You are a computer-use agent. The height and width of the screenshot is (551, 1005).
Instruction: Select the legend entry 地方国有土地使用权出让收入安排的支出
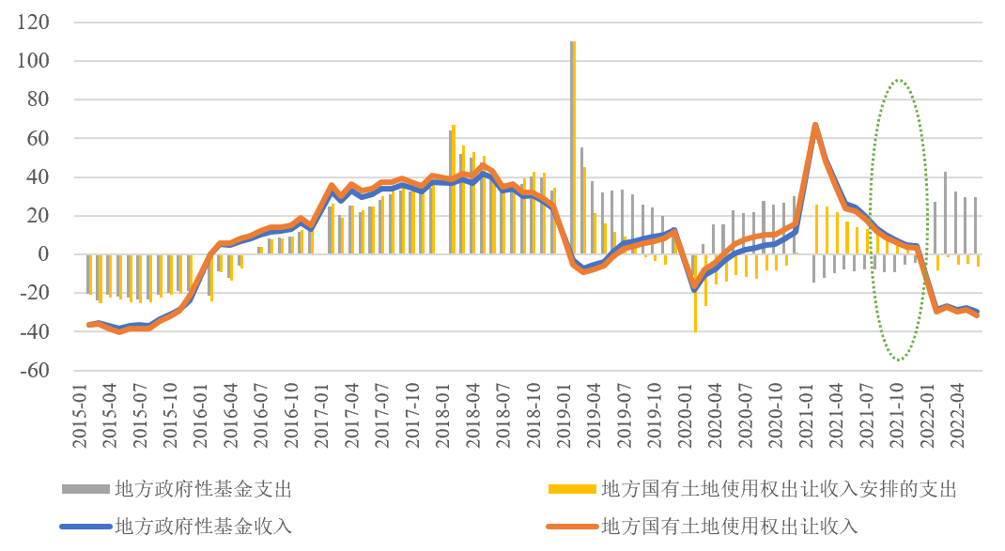pos(779,489)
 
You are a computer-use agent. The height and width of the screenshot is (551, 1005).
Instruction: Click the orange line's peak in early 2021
pos(814,125)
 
